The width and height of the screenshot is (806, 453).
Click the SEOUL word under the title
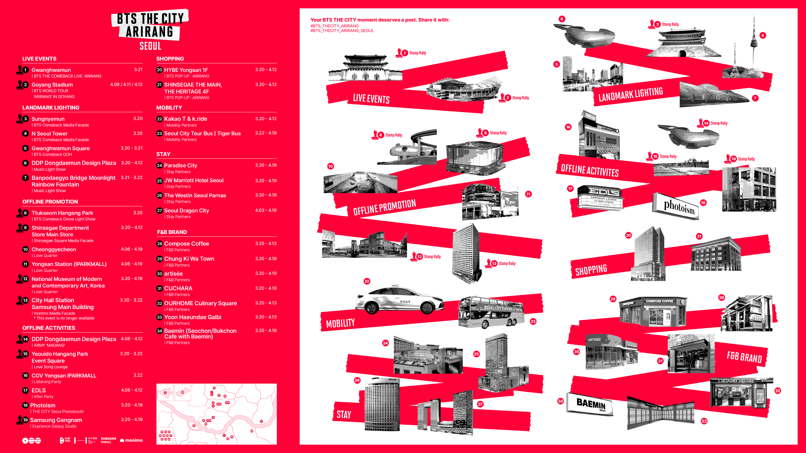pos(150,46)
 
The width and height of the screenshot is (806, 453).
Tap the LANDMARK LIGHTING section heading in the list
pos(51,108)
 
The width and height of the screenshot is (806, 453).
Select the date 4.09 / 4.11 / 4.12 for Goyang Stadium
pos(126,84)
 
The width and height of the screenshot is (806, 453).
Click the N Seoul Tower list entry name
pos(49,133)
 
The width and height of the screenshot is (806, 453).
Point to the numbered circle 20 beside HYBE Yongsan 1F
pos(160,70)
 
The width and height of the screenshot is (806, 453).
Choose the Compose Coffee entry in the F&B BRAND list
pos(186,244)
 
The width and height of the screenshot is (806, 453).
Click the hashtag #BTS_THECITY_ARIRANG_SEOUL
pos(342,31)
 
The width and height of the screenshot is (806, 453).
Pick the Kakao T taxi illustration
pos(399,300)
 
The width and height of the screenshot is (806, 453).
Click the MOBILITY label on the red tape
pos(340,323)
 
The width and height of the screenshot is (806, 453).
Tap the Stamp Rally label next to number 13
pos(507,264)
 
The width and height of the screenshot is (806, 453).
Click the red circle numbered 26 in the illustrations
pos(357,380)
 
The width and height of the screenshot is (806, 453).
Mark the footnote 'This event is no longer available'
pos(65,318)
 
